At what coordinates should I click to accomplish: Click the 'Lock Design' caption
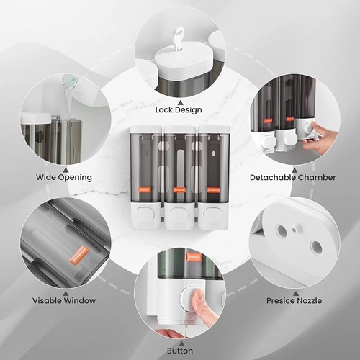click(x=178, y=109)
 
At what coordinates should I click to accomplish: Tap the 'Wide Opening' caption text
click(x=63, y=177)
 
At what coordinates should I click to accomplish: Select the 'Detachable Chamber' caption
click(x=292, y=177)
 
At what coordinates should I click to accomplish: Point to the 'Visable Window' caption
click(x=63, y=301)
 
